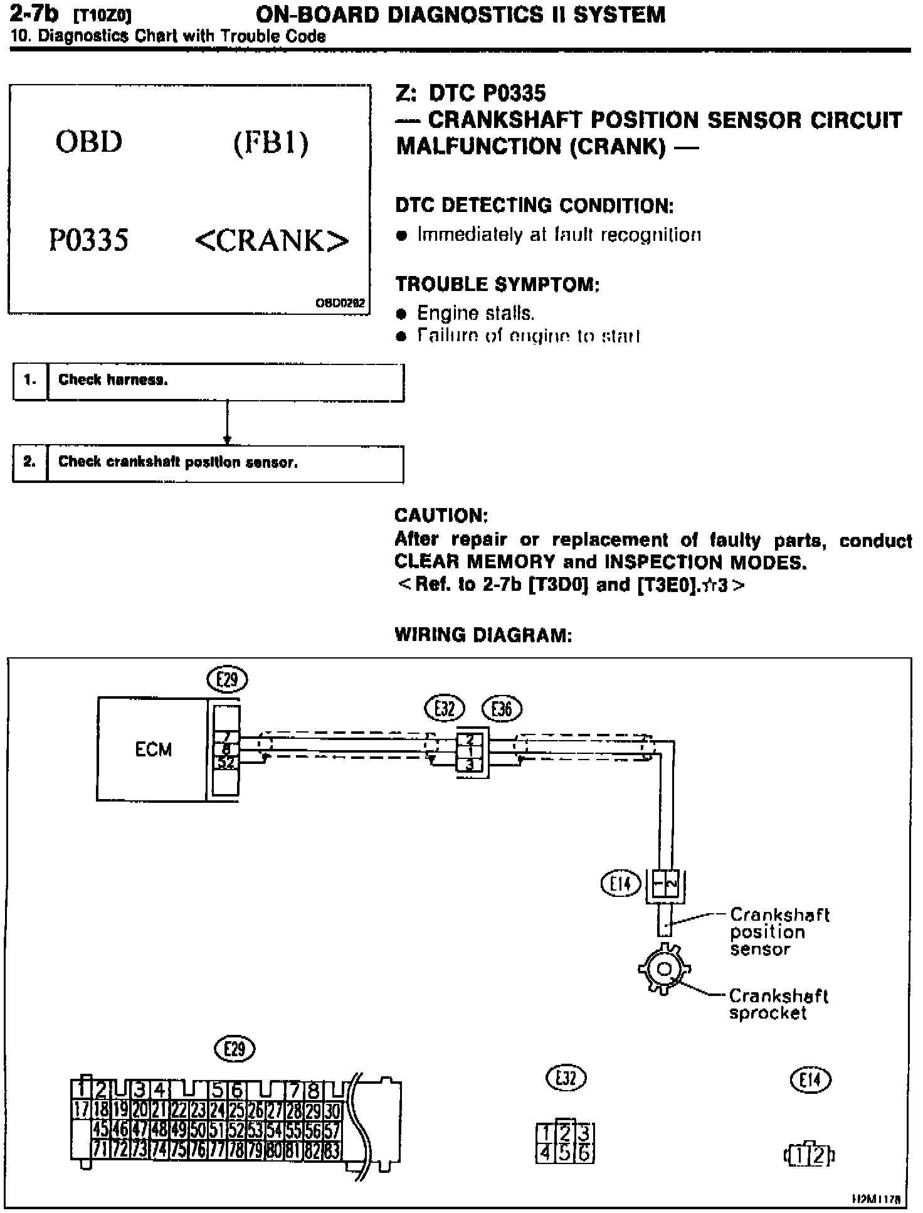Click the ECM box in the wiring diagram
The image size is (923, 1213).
pos(152,750)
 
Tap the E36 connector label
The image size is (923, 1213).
pos(502,709)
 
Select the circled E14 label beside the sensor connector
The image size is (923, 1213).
pos(620,884)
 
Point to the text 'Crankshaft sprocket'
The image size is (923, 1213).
pos(778,1004)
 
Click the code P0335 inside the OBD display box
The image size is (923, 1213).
pos(89,240)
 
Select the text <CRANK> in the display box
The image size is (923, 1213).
pos(272,241)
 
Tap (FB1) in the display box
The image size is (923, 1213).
pos(271,143)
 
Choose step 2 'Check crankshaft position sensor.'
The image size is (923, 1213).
pos(208,463)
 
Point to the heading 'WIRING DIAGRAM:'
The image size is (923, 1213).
pos(483,635)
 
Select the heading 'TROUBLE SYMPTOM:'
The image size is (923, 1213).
pos(497,284)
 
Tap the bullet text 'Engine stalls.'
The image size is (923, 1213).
pos(475,313)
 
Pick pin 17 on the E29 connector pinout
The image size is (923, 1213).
pos(82,1111)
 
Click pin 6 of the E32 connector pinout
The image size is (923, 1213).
pos(584,1153)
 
